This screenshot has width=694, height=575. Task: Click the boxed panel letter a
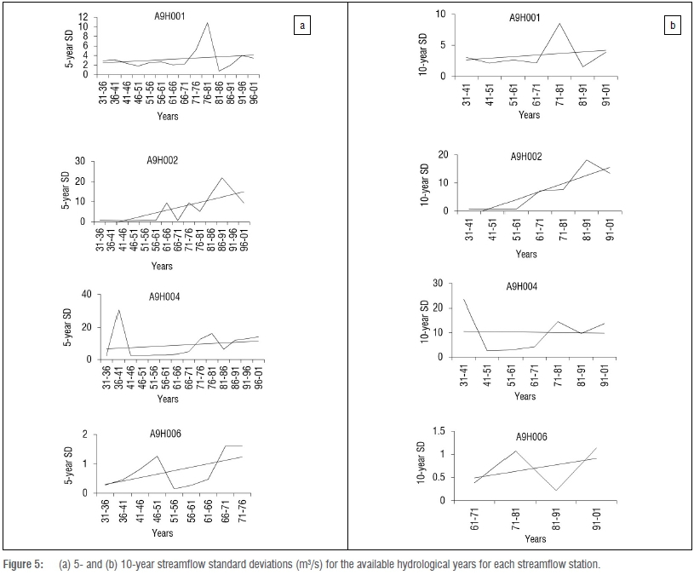click(301, 26)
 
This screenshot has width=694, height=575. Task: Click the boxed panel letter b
click(672, 26)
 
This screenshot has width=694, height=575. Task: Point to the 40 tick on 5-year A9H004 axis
click(83, 295)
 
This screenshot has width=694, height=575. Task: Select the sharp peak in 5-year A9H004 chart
click(118, 310)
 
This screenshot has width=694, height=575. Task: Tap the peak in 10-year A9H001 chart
click(559, 24)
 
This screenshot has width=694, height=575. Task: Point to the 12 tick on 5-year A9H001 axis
click(83, 17)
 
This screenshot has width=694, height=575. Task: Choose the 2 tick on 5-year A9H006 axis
click(86, 435)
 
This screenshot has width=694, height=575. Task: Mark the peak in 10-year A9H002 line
click(586, 160)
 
